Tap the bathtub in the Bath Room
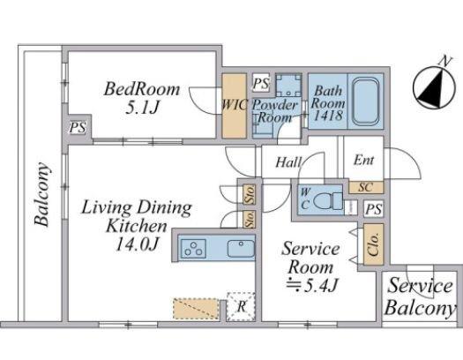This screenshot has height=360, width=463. point(366,101)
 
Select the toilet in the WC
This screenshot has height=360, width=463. point(327,201)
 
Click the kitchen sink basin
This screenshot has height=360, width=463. point(241,248)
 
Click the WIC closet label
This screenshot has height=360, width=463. point(235,105)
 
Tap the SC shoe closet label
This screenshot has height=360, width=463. point(366,187)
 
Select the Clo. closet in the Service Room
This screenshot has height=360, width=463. point(374,244)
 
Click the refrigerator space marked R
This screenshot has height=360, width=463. point(241,306)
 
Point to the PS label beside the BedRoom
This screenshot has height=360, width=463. point(78,128)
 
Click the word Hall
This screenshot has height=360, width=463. point(288,162)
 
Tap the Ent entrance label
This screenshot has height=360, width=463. point(363,161)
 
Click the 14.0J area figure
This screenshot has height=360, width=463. point(137,244)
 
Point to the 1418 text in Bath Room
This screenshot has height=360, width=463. point(328,116)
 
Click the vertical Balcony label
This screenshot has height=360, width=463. point(41,194)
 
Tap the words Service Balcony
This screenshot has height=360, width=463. point(420,296)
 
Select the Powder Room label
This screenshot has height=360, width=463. point(275,111)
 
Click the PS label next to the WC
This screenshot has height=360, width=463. point(374,209)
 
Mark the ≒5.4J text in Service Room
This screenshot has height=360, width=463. point(311,285)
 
